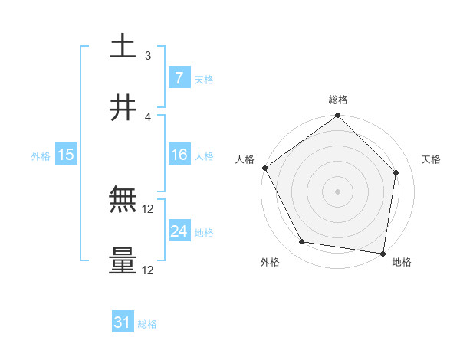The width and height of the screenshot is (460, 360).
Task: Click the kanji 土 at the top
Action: [123, 47]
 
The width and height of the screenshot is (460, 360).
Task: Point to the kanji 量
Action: [123, 260]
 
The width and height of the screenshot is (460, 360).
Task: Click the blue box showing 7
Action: [179, 77]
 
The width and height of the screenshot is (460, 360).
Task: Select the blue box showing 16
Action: [179, 155]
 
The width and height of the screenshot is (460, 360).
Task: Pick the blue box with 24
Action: [179, 231]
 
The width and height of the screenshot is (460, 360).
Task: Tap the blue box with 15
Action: [65, 155]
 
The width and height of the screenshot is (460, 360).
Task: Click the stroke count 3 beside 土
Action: [148, 55]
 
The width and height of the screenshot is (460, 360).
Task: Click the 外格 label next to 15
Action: [41, 155]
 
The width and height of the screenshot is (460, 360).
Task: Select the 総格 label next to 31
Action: [147, 324]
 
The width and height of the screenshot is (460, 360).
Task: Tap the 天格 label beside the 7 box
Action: [204, 79]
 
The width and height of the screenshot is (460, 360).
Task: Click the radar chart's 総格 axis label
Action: [338, 100]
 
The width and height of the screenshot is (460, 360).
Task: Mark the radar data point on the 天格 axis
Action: [396, 172]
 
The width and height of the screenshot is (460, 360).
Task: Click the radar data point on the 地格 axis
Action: [383, 253]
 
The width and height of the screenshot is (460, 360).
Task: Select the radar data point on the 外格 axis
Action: [302, 242]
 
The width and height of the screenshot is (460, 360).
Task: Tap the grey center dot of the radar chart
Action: [338, 191]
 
